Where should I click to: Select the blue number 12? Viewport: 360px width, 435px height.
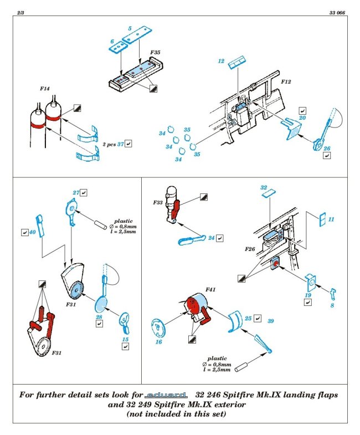[x=221, y=62]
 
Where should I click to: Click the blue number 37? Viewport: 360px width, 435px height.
[x=120, y=144]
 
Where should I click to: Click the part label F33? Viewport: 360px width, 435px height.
[x=159, y=203]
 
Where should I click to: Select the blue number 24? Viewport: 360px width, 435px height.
[x=212, y=238]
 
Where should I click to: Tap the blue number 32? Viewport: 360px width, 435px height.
[x=264, y=188]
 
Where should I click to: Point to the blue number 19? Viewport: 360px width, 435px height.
[x=307, y=295]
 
